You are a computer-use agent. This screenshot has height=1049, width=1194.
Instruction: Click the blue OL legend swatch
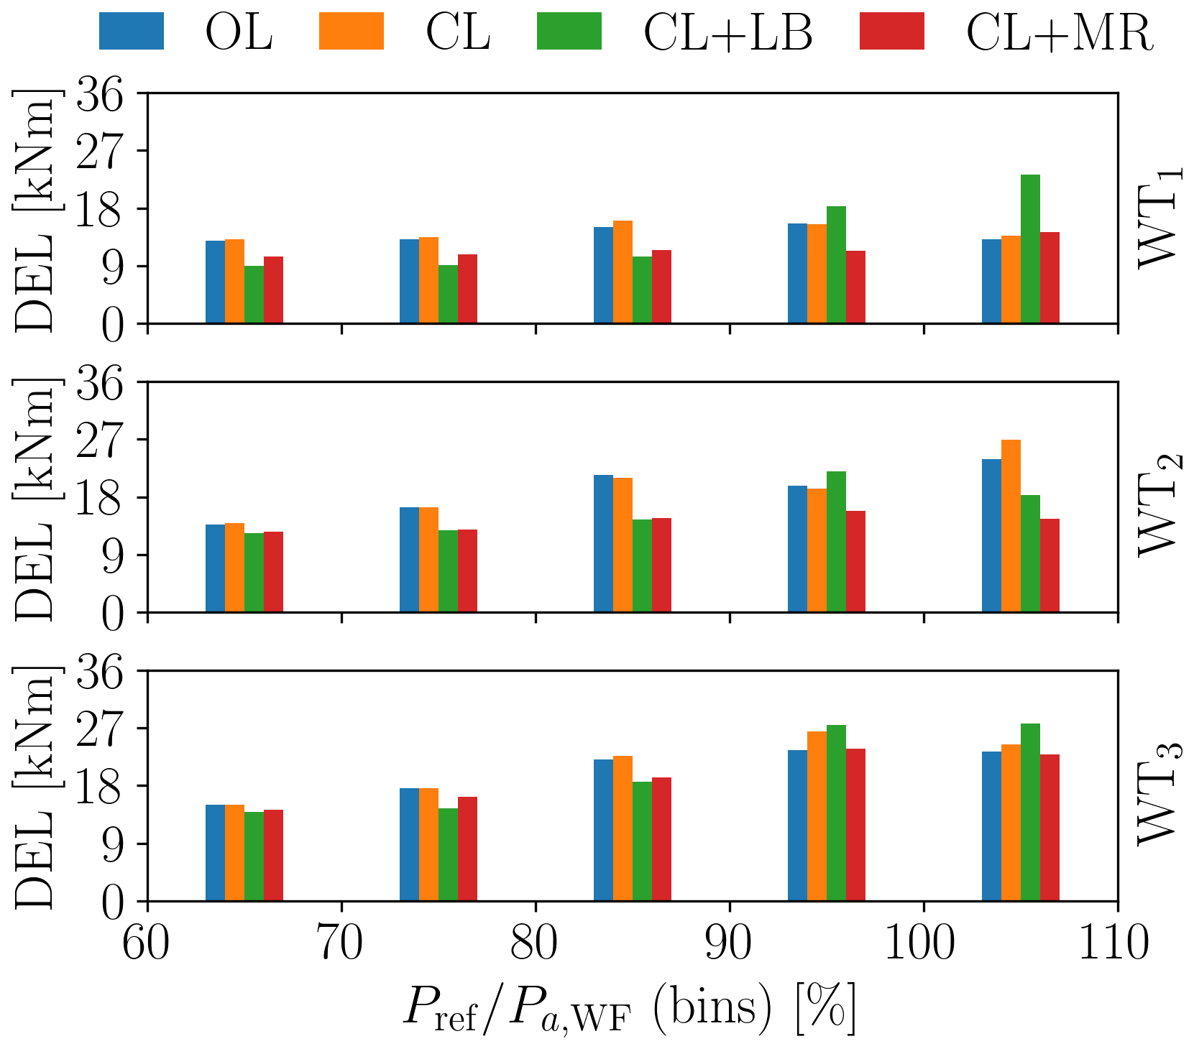132,31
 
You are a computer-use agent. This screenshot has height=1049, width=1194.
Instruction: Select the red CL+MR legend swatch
891,31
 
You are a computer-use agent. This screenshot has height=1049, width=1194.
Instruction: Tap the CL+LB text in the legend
727,32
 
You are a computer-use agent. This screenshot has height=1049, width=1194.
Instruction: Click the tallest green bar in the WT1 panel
1030,249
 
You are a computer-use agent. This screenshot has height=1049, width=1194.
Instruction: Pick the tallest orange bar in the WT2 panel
1011,526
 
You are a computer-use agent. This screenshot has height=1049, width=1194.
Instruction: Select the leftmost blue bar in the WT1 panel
215,282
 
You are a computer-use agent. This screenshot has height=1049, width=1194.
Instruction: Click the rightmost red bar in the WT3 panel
1050,827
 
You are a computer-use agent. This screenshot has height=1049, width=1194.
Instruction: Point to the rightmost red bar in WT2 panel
1050,565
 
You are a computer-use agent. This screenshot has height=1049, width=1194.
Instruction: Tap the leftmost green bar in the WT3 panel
254,856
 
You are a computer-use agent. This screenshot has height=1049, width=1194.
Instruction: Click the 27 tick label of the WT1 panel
101,152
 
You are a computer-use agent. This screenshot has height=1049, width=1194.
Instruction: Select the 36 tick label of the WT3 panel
101,672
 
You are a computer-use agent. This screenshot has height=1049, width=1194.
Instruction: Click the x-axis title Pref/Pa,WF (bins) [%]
629,1009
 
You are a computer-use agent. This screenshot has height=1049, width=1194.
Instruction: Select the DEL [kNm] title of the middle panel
34,498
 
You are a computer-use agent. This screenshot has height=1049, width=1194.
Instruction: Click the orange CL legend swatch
352,31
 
